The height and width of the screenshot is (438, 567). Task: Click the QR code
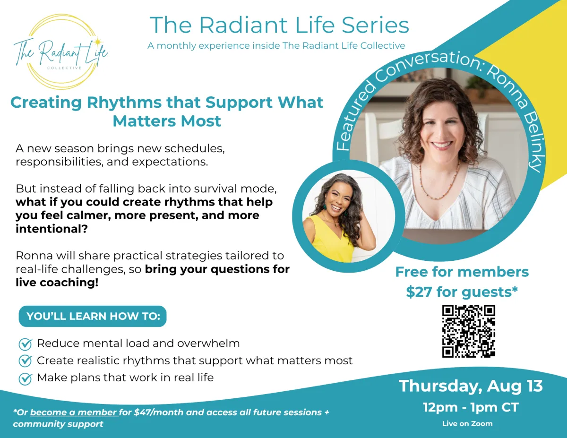click(469, 331)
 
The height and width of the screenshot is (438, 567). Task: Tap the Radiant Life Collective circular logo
click(60, 52)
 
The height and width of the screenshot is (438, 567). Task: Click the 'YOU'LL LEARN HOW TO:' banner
click(93, 316)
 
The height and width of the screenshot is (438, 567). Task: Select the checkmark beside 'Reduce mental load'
click(26, 344)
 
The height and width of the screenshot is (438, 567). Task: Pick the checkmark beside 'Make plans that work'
click(26, 379)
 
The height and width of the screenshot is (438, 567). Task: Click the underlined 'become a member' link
click(74, 412)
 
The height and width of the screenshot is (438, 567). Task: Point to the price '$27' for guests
click(419, 292)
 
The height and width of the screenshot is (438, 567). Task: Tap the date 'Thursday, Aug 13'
click(471, 386)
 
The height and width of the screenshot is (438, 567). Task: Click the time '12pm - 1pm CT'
click(471, 407)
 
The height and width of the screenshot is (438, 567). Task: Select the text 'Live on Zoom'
click(467, 424)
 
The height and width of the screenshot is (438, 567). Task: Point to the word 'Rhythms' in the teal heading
click(124, 102)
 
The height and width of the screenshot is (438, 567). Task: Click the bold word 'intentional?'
click(52, 229)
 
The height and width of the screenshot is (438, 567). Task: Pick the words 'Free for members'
click(462, 272)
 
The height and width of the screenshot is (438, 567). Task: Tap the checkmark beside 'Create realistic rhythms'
click(26, 361)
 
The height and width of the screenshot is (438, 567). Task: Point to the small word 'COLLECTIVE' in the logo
click(64, 68)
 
